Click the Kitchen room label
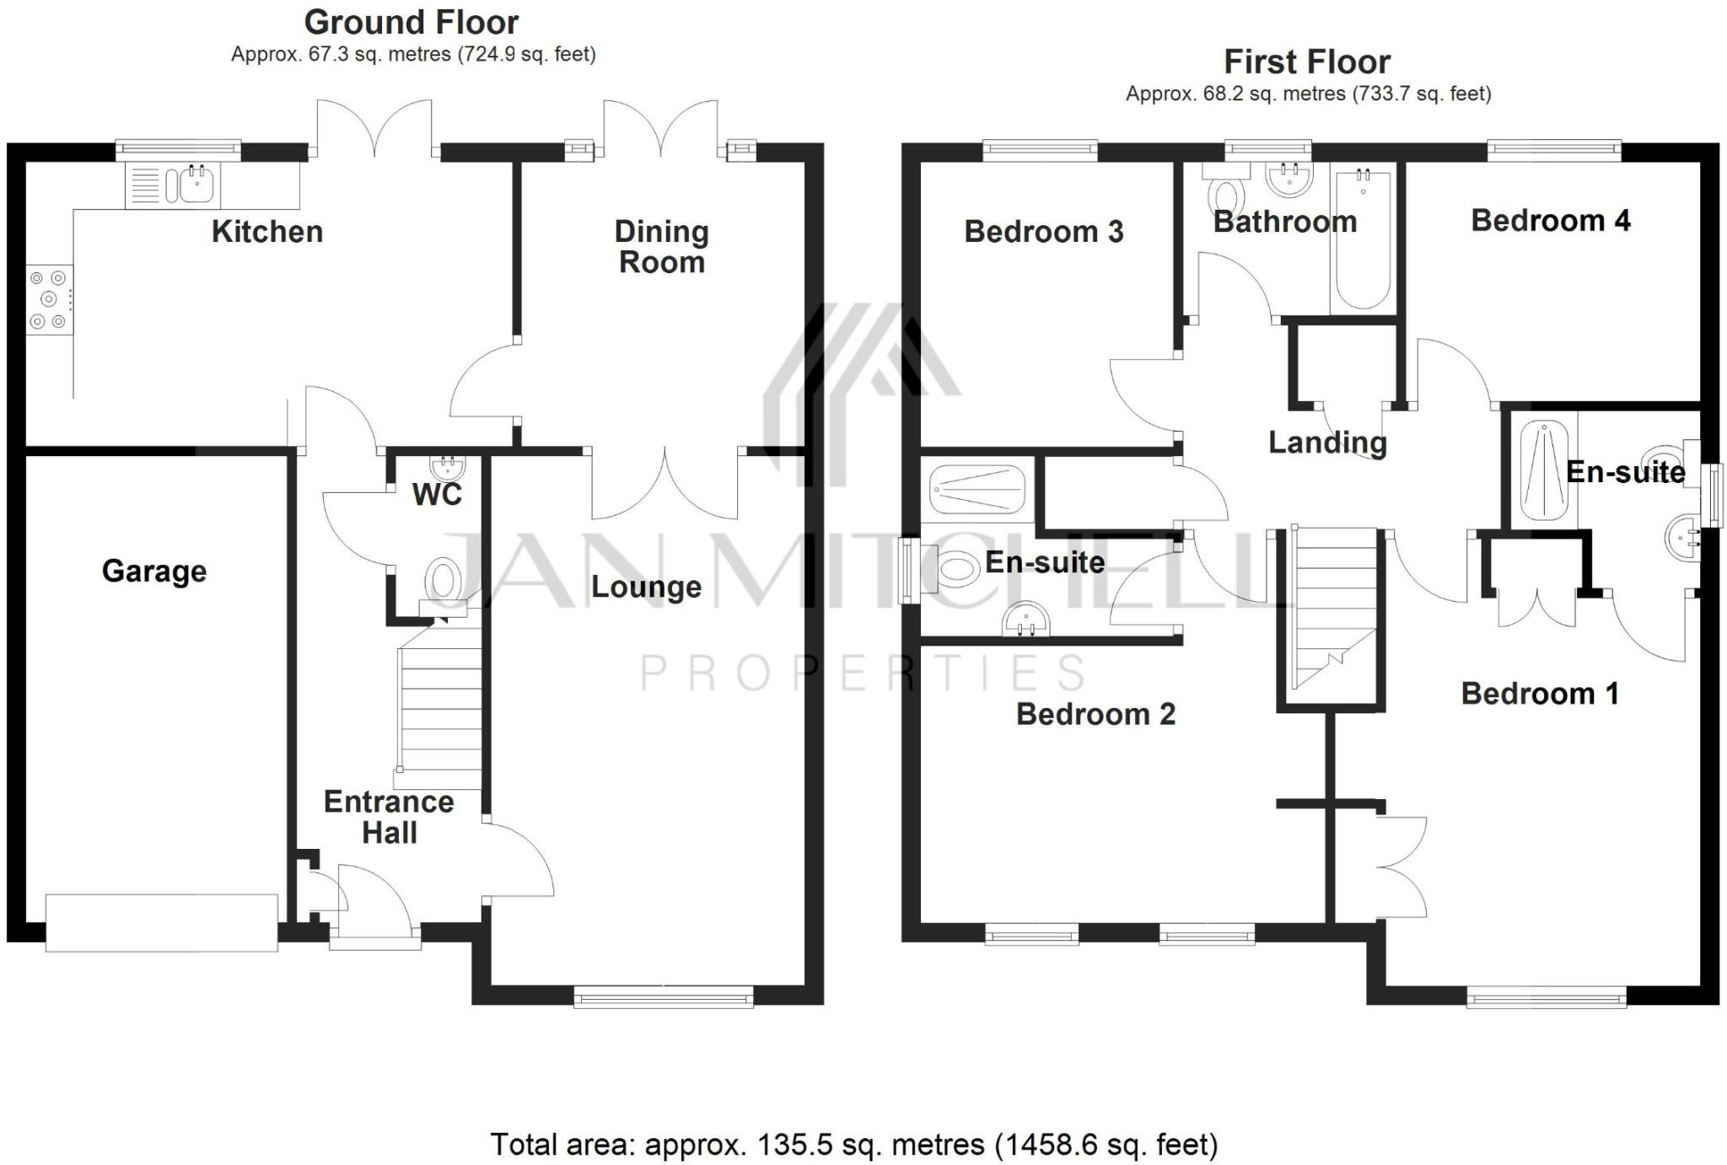pos(266,232)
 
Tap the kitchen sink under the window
pos(196,185)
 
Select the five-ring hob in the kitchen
pos(49,299)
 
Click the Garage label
pos(154,572)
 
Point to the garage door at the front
pos(161,923)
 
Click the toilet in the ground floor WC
pos(442,579)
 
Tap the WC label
pos(437,495)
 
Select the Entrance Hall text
pos(389,817)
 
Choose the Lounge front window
pos(664,999)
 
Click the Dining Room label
pos(661,246)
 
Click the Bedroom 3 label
pos(1043,232)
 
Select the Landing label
pos(1327,443)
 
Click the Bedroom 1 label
pos(1539,694)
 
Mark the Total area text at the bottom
pos(853,1145)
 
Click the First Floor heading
pos(1306,62)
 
